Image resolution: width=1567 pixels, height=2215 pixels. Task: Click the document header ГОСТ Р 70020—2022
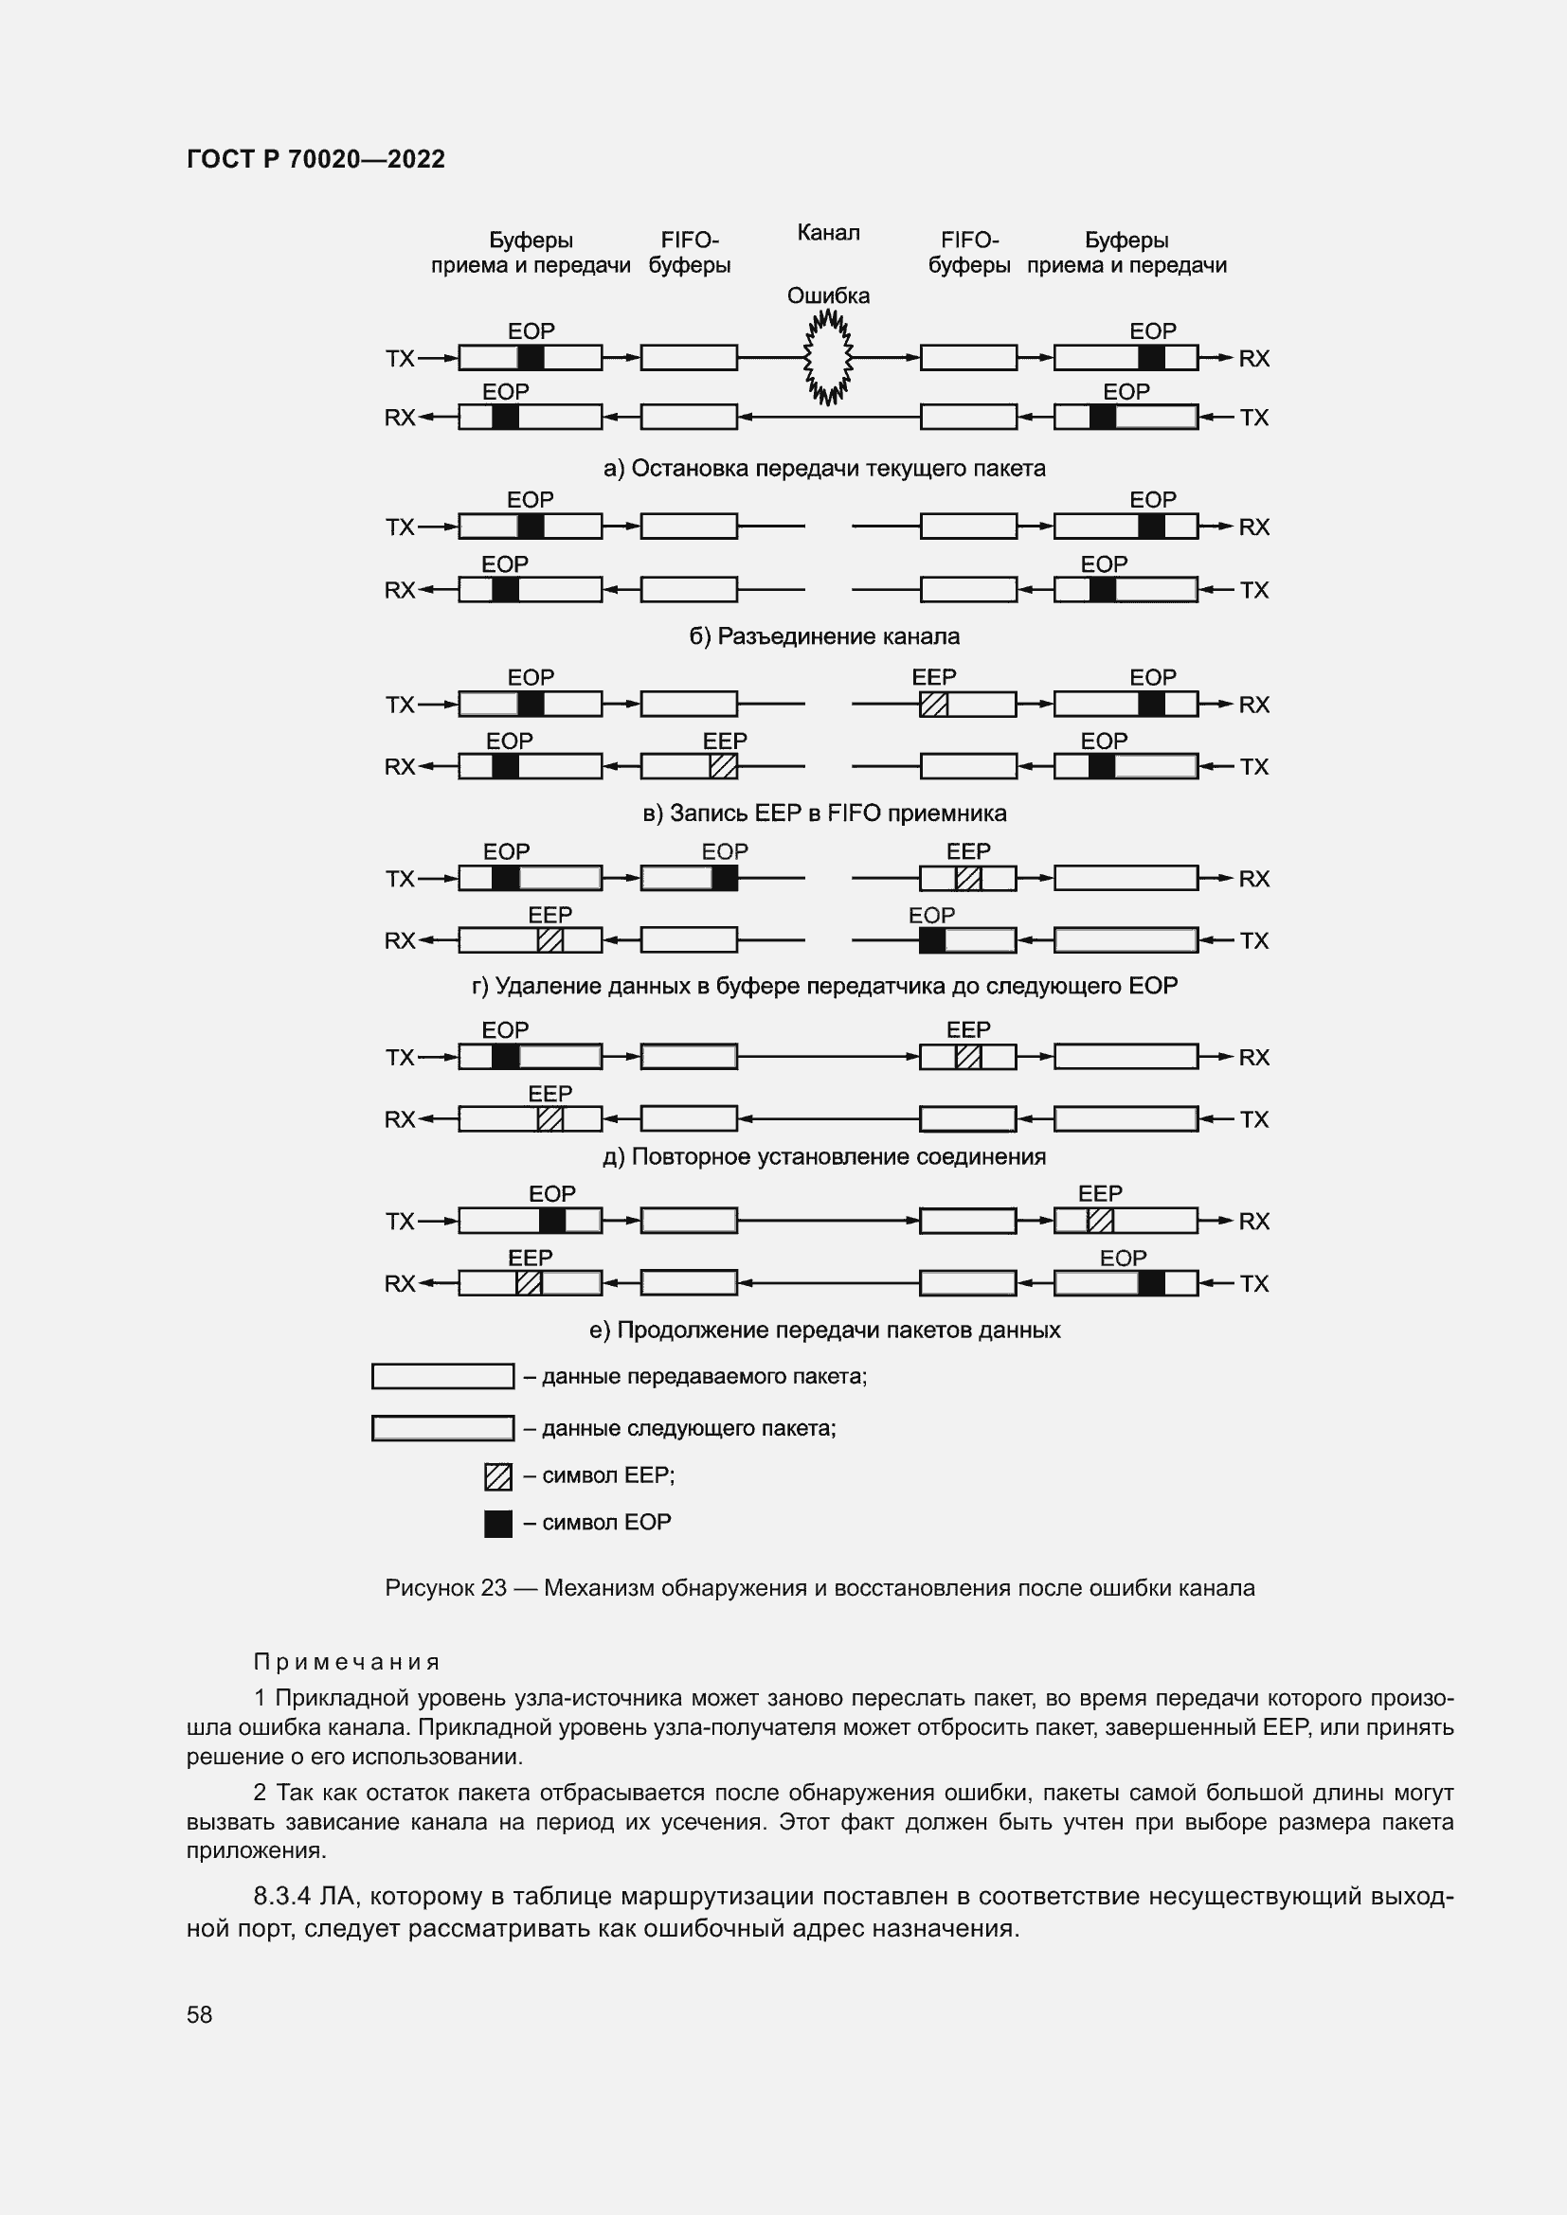point(315,159)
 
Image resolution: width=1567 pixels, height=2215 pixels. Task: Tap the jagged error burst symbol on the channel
point(828,358)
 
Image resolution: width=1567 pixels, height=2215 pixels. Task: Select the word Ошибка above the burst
point(828,296)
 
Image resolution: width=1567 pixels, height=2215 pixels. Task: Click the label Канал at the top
point(828,233)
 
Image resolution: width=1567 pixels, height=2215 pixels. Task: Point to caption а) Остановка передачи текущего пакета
point(824,469)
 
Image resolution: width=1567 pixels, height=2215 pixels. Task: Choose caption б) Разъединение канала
point(824,636)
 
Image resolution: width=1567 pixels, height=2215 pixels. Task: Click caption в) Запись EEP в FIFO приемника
point(824,813)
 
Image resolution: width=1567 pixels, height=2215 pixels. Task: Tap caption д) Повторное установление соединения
point(824,1156)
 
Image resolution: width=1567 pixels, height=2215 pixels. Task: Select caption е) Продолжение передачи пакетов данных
point(824,1331)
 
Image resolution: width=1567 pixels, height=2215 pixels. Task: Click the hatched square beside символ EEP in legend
point(498,1477)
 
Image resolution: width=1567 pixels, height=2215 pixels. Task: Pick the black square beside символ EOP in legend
point(498,1525)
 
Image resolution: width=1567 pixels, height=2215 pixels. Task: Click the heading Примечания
point(347,1662)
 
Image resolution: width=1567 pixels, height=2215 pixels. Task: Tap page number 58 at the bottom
point(200,2014)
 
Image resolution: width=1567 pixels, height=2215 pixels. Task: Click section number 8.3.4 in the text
point(281,1896)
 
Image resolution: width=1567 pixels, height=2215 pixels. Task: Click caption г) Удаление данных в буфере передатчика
point(824,986)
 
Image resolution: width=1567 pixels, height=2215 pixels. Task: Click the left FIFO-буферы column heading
point(689,253)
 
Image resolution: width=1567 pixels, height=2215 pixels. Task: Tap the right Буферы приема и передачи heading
point(1126,253)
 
